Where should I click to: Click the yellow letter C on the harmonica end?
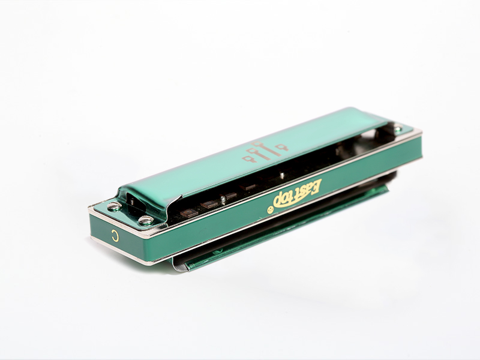[115, 235]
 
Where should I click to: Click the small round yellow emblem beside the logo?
[270, 209]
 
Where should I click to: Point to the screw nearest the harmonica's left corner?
[115, 206]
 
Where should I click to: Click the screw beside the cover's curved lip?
[146, 220]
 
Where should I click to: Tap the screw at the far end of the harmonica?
[398, 128]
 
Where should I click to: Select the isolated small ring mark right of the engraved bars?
[282, 147]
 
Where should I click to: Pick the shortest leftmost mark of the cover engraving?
[248, 158]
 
